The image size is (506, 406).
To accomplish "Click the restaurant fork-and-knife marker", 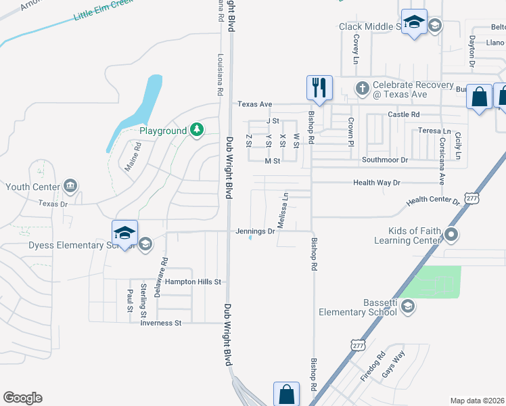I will pyautogui.click(x=320, y=88).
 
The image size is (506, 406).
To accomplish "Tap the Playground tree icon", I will pyautogui.click(x=196, y=129).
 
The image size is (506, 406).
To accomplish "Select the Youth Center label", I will pyautogui.click(x=32, y=187).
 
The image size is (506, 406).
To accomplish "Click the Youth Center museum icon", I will pyautogui.click(x=70, y=186).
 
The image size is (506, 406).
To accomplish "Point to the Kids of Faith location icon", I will pyautogui.click(x=452, y=235).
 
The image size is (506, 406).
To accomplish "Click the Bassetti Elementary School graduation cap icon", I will pyautogui.click(x=407, y=307).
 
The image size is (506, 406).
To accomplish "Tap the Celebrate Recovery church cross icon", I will pyautogui.click(x=362, y=88).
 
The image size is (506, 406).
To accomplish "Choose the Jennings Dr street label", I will pyautogui.click(x=255, y=231).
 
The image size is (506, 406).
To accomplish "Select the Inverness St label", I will pyautogui.click(x=161, y=323).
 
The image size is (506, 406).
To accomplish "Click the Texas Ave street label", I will pyautogui.click(x=254, y=104).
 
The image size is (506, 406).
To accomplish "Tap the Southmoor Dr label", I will pyautogui.click(x=385, y=160).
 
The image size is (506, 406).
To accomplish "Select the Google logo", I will pyautogui.click(x=23, y=398).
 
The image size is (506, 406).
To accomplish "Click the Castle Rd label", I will pyautogui.click(x=404, y=114).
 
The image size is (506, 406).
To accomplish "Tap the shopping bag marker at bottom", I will pyautogui.click(x=286, y=394).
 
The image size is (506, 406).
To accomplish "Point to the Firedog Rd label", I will pyautogui.click(x=372, y=366).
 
